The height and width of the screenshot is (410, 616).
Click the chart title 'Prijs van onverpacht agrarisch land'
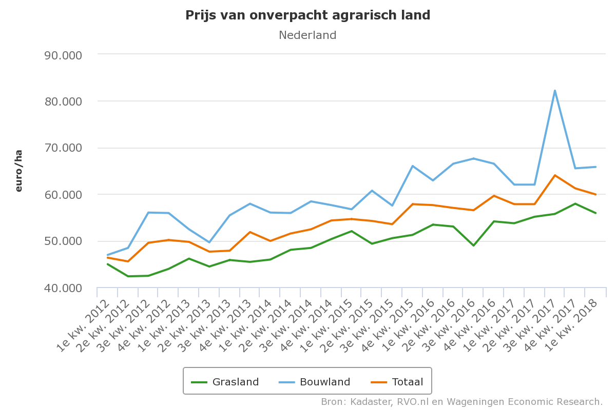coord(307,15)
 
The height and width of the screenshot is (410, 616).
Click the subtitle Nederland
coord(307,35)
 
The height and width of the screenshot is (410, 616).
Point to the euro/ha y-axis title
coord(19,171)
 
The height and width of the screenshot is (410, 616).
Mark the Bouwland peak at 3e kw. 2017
coord(555,91)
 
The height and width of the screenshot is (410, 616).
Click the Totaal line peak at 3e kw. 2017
coord(555,175)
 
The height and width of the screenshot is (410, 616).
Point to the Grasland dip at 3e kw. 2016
coord(474,245)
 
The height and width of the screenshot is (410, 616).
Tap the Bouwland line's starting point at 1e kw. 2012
coord(108,255)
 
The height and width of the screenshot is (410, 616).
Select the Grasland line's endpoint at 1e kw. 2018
coord(595,213)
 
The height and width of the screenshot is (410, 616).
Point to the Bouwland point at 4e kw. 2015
coord(413,166)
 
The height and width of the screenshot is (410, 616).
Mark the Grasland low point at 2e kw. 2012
coord(128,276)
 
